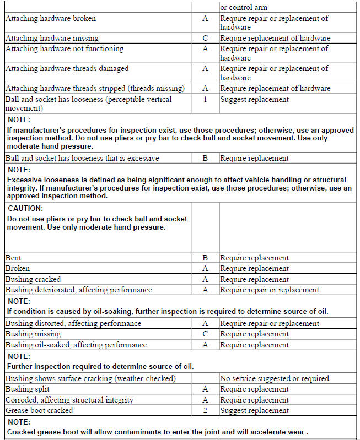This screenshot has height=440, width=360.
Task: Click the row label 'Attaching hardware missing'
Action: click(x=52, y=38)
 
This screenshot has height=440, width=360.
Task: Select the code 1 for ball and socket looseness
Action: click(x=205, y=100)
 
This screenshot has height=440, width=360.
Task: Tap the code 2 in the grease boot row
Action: click(x=205, y=410)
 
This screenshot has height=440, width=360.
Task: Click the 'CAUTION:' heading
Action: click(x=25, y=209)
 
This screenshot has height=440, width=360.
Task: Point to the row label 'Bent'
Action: click(x=14, y=258)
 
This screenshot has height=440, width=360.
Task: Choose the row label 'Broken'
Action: click(x=17, y=268)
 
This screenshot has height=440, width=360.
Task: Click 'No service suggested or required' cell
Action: click(x=274, y=378)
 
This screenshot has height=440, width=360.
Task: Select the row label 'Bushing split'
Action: click(x=28, y=389)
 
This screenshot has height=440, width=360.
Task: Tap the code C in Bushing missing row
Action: click(x=205, y=334)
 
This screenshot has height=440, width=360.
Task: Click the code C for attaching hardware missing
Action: click(x=205, y=38)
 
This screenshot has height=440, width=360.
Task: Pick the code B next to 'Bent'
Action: click(x=205, y=258)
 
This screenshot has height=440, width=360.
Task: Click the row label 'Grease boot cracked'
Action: click(x=39, y=410)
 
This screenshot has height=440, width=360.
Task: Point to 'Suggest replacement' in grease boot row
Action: click(x=254, y=410)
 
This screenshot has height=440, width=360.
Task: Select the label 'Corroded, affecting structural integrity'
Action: click(x=69, y=400)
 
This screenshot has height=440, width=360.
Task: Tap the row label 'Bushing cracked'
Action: click(x=33, y=279)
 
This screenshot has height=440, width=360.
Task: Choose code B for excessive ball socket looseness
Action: click(x=205, y=158)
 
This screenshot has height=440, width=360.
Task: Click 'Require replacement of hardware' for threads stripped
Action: click(x=275, y=88)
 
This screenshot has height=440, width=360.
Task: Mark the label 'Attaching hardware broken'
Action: click(x=50, y=18)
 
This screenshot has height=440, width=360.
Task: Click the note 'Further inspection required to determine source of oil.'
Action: click(x=100, y=366)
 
